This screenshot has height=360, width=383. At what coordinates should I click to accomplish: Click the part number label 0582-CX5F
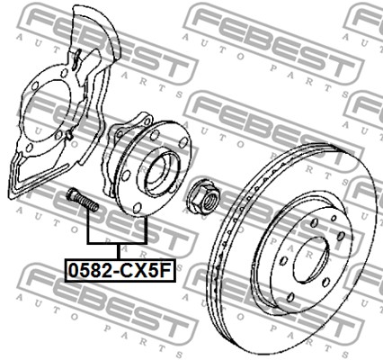click(x=120, y=271)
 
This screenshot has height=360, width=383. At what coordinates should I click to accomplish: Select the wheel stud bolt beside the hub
click(x=82, y=200)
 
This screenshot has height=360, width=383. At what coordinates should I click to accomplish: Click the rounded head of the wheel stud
click(x=70, y=193)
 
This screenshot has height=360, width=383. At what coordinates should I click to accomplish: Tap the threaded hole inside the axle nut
click(x=209, y=201)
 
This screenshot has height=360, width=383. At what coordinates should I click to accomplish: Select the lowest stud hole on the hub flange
click(x=138, y=208)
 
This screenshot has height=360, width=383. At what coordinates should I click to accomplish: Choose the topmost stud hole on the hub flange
click(x=155, y=135)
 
